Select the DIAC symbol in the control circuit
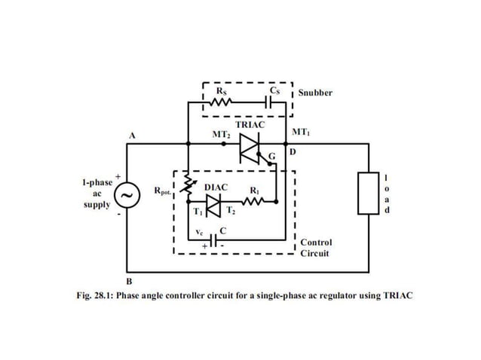pyautogui.click(x=214, y=202)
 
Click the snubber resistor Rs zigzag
pyautogui.click(x=222, y=100)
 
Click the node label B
pyautogui.click(x=129, y=280)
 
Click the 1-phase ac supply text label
pyautogui.click(x=97, y=194)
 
